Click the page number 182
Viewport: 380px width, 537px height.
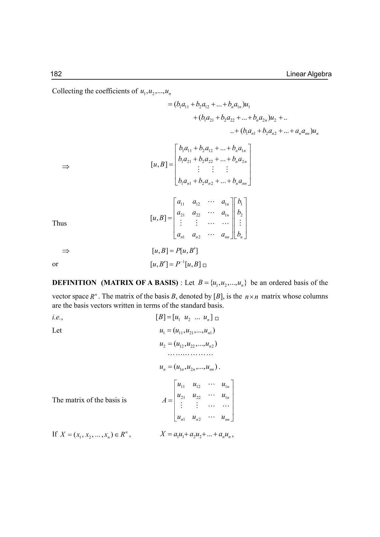(x=56, y=74)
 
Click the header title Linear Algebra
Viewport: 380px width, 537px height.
(x=309, y=74)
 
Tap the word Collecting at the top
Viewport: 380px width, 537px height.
(x=67, y=91)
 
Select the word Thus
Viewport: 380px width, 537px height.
(x=59, y=223)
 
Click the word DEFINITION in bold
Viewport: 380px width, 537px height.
(x=74, y=283)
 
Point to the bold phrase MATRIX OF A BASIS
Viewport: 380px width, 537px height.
(x=140, y=283)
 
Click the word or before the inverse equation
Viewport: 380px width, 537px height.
(x=55, y=264)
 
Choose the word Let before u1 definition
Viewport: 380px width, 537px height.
(x=57, y=331)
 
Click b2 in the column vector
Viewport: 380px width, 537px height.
(x=240, y=213)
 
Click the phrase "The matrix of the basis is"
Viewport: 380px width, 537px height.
(x=89, y=400)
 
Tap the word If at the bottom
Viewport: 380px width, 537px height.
(x=55, y=434)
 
